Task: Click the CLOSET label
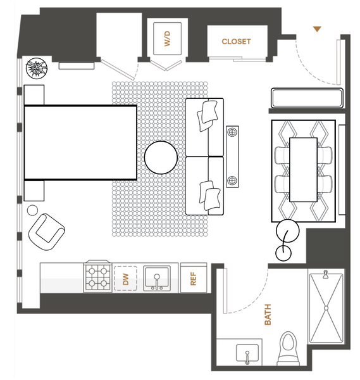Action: (x=236, y=41)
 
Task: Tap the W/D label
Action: (x=167, y=39)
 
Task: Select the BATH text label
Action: (x=268, y=314)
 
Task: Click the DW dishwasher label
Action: (x=125, y=279)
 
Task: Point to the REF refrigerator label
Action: (x=193, y=279)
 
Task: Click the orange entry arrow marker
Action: (x=317, y=29)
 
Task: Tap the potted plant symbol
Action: (x=37, y=68)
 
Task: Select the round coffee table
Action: (x=161, y=158)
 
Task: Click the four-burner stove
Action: (x=97, y=277)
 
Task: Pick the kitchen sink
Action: (x=157, y=278)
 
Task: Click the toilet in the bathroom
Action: (x=289, y=349)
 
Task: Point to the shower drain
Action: (x=326, y=308)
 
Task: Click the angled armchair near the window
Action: (x=46, y=232)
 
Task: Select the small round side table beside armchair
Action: (x=32, y=210)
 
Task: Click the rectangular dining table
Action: (x=303, y=170)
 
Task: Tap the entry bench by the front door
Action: (x=307, y=98)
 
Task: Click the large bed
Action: (x=80, y=142)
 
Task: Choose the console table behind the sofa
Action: (x=232, y=156)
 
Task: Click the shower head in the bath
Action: (x=326, y=274)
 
